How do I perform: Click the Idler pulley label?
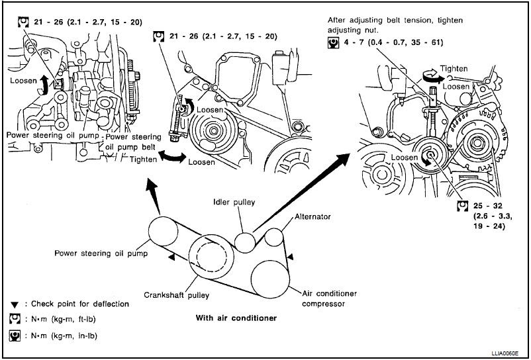coord(232,201)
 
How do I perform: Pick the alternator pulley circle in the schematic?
coord(273,236)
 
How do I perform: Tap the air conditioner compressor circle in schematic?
coord(271,277)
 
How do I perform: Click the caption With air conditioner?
coord(236,318)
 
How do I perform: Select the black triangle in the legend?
coord(14,304)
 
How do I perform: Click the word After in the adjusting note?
coord(339,20)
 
